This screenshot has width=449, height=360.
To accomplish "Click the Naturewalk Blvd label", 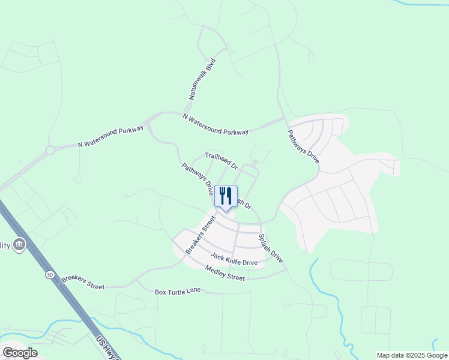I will tap(202, 79).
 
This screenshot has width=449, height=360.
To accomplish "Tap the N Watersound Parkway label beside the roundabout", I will tap(111, 137).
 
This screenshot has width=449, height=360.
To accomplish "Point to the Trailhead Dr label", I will tap(222, 160).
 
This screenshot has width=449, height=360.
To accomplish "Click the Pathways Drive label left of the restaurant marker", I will tap(198, 179).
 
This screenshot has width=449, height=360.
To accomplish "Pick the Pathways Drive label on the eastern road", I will tap(303, 148).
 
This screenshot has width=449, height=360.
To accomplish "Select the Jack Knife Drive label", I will tap(234, 259).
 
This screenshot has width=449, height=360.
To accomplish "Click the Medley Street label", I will tap(225, 273).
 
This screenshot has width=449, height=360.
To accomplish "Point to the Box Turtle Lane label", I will tap(177, 292).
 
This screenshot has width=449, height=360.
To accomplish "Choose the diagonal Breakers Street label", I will tap(200, 235).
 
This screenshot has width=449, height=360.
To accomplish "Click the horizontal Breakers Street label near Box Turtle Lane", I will tap(83, 283).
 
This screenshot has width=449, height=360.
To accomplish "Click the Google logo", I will tap(20, 353).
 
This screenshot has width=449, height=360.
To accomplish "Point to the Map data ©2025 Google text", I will tap(412, 355).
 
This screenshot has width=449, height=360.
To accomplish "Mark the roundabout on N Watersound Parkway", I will tap(50, 151).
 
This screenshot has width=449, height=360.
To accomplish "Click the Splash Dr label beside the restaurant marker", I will tap(244, 203).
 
